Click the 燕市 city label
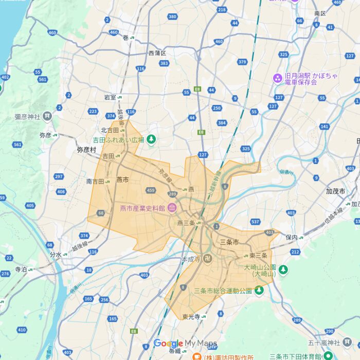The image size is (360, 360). (122, 179)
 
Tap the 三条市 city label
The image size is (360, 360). (229, 242)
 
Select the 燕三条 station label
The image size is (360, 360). (186, 223)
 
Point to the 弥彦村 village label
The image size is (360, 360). (86, 150)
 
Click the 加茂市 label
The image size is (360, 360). (335, 191)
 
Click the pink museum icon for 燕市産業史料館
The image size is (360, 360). (171, 208)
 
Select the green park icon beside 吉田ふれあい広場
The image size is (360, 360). (151, 139)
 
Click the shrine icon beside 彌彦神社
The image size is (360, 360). (47, 116)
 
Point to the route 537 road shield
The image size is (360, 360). (255, 222)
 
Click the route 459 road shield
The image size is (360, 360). (151, 190)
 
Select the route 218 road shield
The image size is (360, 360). (222, 10)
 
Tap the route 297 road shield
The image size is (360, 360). (59, 176)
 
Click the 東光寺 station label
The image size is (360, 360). (190, 316)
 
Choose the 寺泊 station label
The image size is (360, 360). (21, 269)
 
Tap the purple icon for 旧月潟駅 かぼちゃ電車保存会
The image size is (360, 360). (277, 78)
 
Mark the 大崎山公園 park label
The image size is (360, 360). (260, 271)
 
